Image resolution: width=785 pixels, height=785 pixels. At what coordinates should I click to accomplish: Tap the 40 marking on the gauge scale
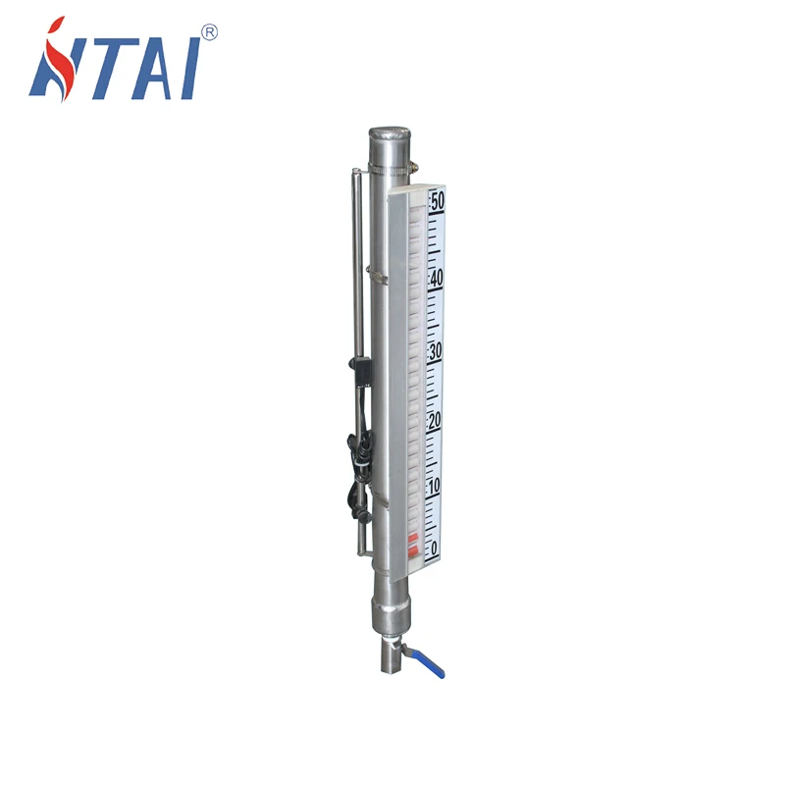(436, 278)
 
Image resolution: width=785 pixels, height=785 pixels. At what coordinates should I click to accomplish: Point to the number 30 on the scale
(435, 351)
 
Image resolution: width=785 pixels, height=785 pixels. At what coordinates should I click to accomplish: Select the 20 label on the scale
(435, 420)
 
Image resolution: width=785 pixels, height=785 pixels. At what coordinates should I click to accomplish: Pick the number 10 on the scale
(434, 487)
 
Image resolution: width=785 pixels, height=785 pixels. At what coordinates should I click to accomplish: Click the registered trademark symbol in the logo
(209, 31)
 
